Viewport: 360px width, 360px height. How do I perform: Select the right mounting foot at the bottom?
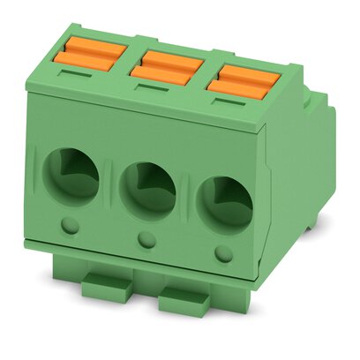click(187, 300)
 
